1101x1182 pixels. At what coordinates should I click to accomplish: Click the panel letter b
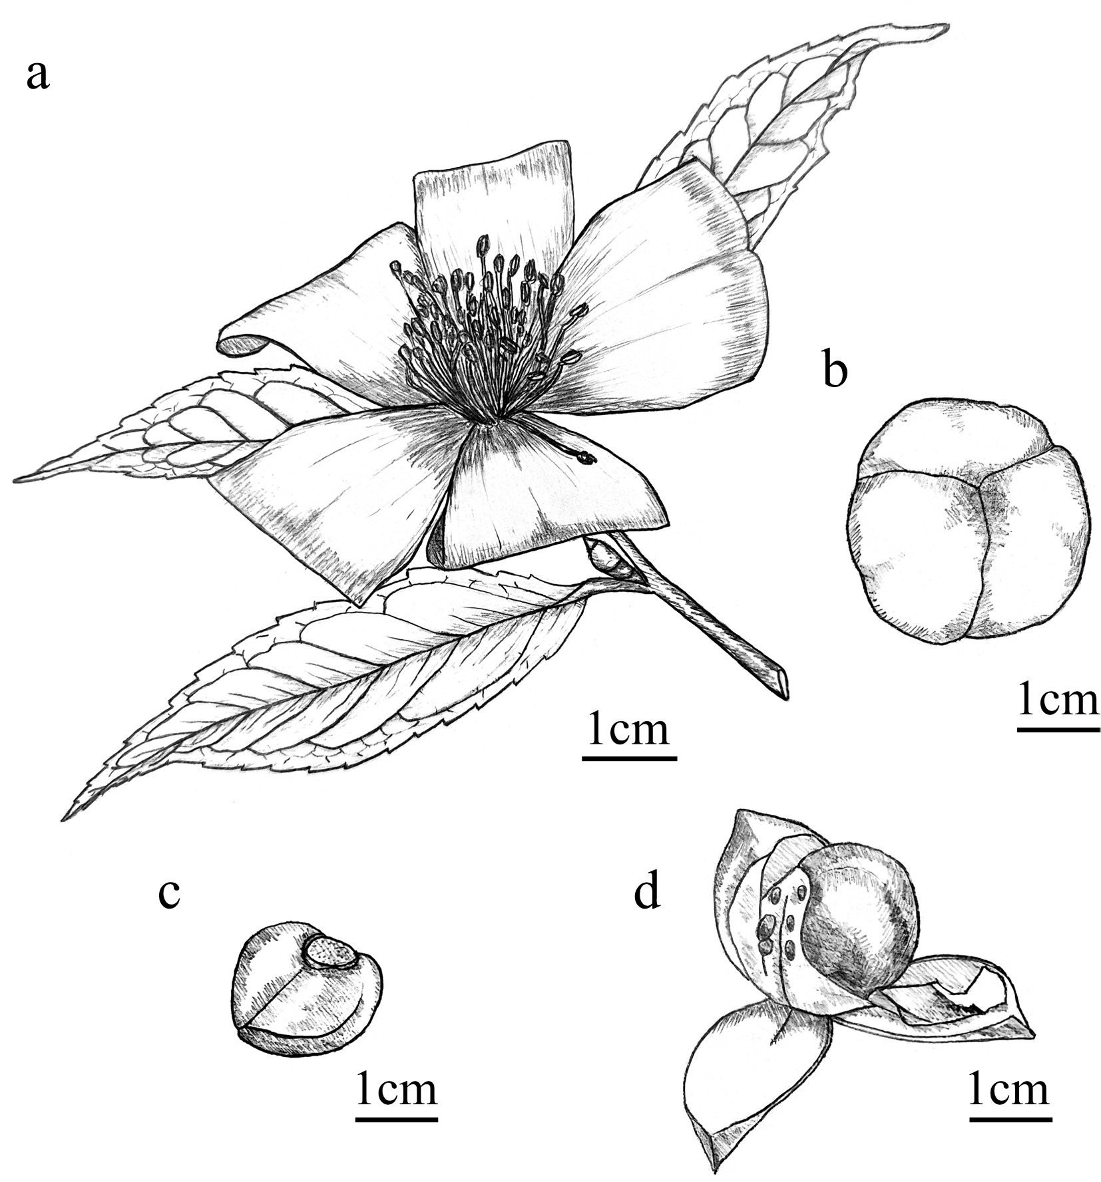(x=835, y=370)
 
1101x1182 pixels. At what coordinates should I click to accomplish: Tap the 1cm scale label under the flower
(x=628, y=730)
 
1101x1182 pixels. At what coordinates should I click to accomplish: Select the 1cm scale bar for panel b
(x=1058, y=730)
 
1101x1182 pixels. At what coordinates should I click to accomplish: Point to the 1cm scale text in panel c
(x=397, y=1088)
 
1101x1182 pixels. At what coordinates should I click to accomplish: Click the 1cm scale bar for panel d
(x=1010, y=1119)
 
